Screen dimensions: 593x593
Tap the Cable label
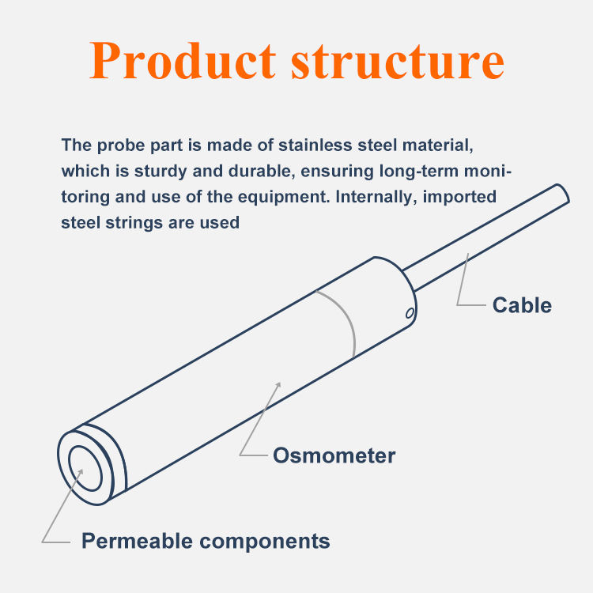[522, 305]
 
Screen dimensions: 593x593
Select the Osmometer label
[334, 455]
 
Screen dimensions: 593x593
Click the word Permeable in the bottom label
[135, 541]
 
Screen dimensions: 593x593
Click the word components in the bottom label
[264, 541]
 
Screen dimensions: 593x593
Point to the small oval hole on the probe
[410, 314]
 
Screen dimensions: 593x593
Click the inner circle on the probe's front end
[85, 466]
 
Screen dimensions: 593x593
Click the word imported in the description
[458, 197]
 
